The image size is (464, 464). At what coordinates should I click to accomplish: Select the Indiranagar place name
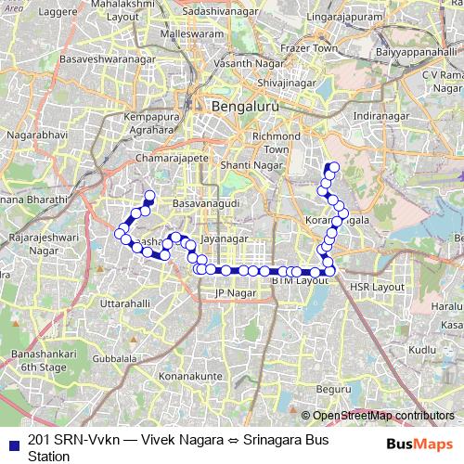tap(380, 115)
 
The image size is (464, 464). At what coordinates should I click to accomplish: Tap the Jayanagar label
tap(226, 238)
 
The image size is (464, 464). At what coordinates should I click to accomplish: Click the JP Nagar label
tap(234, 293)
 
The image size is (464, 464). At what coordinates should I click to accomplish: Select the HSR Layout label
tap(376, 288)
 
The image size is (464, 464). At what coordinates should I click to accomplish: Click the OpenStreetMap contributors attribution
tap(381, 416)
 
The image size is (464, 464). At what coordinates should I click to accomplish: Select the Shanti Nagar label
tap(250, 164)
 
